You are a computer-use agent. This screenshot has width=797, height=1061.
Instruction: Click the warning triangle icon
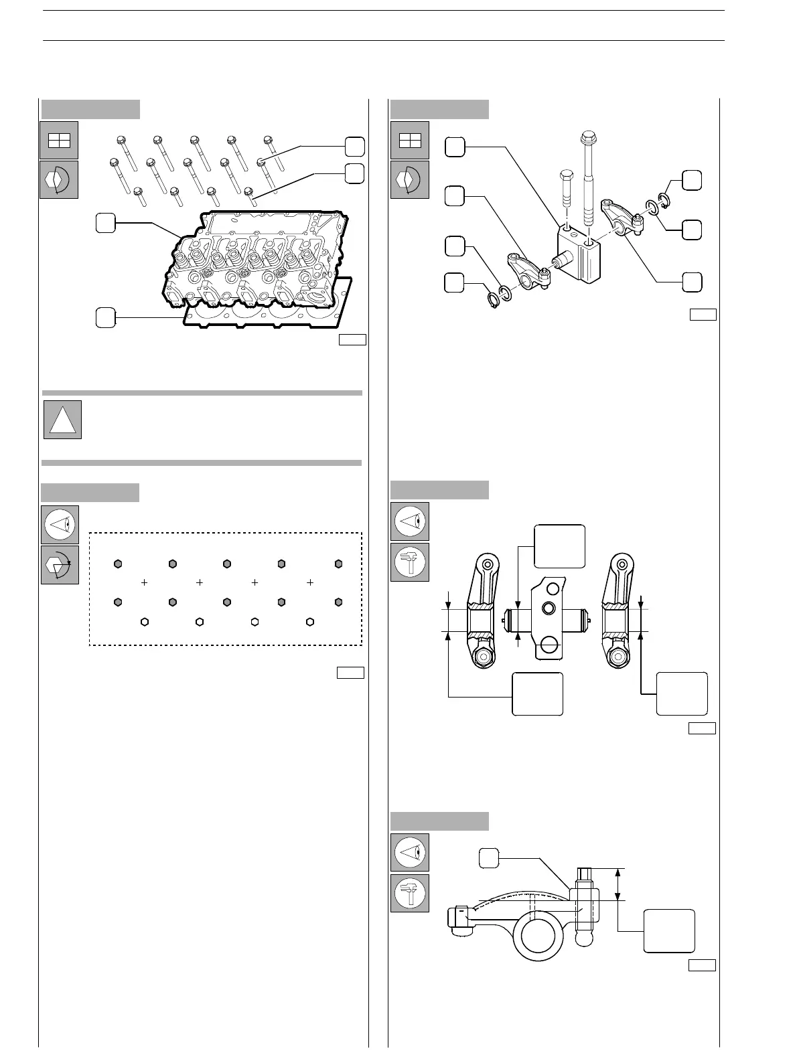click(62, 420)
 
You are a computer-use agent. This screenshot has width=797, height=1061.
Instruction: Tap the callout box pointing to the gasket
click(104, 317)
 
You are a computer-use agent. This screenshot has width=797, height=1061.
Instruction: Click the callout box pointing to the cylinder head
click(104, 223)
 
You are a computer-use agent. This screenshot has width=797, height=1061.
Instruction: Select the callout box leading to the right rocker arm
click(692, 282)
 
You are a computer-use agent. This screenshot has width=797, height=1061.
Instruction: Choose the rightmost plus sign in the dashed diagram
click(310, 583)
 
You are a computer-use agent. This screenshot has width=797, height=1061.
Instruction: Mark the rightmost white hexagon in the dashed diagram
click(310, 622)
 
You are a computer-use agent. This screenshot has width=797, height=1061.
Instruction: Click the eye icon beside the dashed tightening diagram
click(60, 524)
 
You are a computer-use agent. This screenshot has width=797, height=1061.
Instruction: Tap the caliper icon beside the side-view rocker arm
click(409, 893)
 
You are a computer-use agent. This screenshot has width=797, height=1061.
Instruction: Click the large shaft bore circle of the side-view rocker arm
click(538, 935)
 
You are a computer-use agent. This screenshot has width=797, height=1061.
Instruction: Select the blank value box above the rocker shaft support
click(559, 546)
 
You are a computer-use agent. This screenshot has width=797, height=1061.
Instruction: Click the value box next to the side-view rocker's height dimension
click(668, 930)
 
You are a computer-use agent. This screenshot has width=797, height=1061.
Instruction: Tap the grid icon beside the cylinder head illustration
click(59, 140)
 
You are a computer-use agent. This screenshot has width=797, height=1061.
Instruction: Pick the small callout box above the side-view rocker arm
click(489, 857)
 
